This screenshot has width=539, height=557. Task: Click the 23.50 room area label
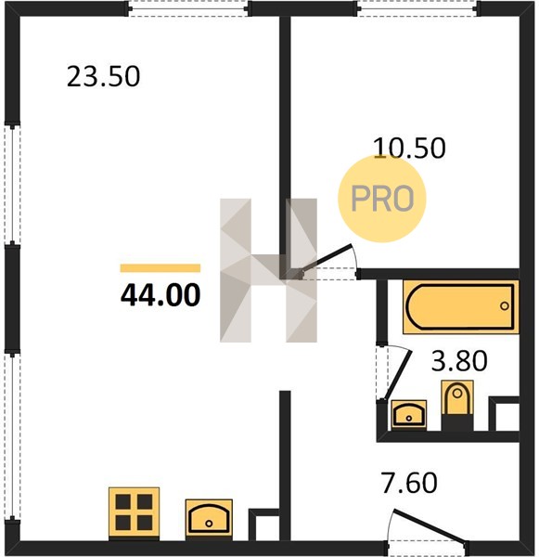[x=103, y=77]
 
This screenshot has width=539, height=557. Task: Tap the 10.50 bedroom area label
[x=409, y=148]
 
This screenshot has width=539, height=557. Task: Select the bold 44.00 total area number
[x=160, y=295]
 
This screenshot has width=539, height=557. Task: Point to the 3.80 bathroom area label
[x=459, y=360]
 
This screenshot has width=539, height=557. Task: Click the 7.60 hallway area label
[x=409, y=483]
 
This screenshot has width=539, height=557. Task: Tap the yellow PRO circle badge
[x=381, y=199]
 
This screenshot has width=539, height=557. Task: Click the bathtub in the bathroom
[x=461, y=307]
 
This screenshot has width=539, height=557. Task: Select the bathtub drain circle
[x=504, y=305]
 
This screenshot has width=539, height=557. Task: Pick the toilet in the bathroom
[x=457, y=405]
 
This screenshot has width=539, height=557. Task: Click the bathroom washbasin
[x=409, y=414]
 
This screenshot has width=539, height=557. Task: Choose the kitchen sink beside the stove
[x=209, y=518]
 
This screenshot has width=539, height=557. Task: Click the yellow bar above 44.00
[x=160, y=268]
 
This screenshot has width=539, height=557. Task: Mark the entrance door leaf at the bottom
[x=430, y=527]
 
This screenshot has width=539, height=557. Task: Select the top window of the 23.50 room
[x=188, y=9]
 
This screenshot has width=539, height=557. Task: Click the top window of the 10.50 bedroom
[x=417, y=9]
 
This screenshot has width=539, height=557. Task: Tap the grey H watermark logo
[x=268, y=270]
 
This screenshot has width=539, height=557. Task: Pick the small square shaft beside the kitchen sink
[x=264, y=525]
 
